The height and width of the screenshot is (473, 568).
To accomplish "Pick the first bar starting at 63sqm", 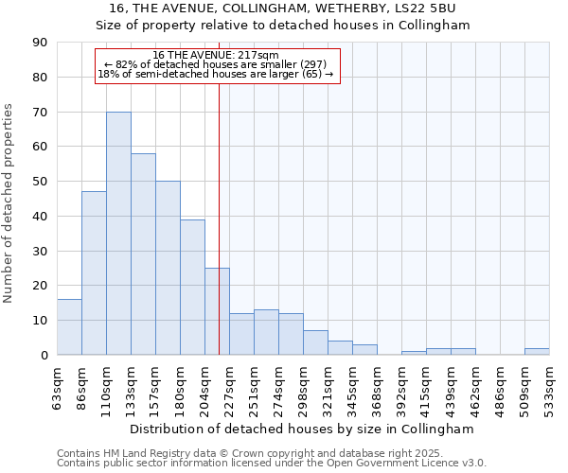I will pyautogui.click(x=69, y=327).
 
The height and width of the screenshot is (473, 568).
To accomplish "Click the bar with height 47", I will pyautogui.click(x=94, y=273).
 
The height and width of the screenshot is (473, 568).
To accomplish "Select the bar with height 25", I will pyautogui.click(x=217, y=311).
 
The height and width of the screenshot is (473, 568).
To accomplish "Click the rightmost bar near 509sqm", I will pyautogui.click(x=537, y=352).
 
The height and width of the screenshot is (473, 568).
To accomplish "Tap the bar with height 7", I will pyautogui.click(x=315, y=342).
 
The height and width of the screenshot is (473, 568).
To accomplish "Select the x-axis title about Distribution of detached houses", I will pyautogui.click(x=302, y=429).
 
